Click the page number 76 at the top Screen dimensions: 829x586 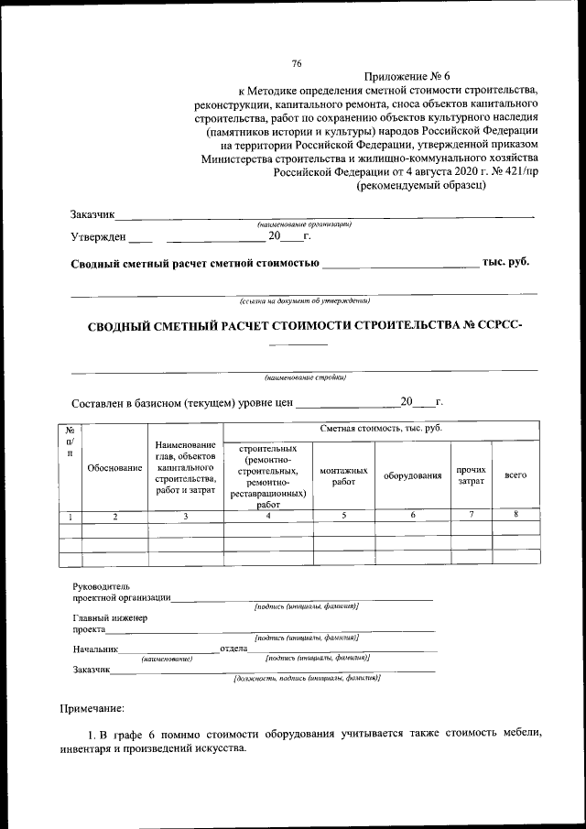[x=296, y=63]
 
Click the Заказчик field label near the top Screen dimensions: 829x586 [x=92, y=214]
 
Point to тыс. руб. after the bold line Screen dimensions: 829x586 [x=505, y=263]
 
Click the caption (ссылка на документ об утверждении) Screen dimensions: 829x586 [x=304, y=300]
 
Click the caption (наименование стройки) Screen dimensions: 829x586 [x=305, y=376]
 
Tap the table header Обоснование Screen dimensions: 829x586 [x=114, y=468]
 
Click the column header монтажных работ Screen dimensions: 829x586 [x=343, y=474]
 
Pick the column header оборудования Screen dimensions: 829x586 [x=412, y=475]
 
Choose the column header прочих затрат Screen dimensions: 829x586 [x=471, y=474]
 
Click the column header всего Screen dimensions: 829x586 [x=515, y=475]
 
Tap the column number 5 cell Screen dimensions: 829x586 [x=343, y=516]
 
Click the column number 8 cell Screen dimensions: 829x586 [x=515, y=516]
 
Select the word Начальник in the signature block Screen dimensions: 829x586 [x=96, y=649]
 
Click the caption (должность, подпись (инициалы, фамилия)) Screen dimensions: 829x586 [x=307, y=678]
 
